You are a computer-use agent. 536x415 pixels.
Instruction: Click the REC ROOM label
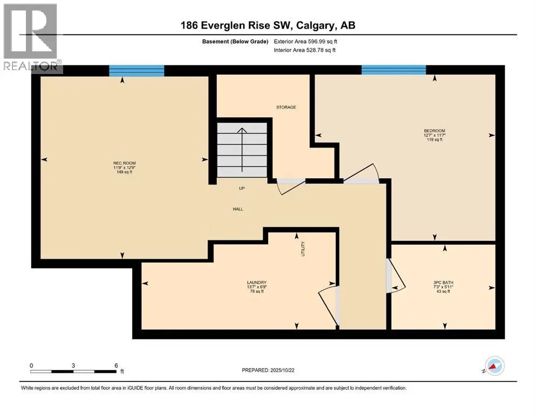123,163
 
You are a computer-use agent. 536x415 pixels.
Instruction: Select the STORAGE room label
286,108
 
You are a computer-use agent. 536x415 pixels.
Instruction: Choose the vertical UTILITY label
303,249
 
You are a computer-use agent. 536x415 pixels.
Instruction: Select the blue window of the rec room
137,70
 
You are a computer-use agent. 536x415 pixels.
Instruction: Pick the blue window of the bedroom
393,70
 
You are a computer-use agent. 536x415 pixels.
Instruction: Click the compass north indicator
494,366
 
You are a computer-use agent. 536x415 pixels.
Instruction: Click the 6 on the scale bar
116,365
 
